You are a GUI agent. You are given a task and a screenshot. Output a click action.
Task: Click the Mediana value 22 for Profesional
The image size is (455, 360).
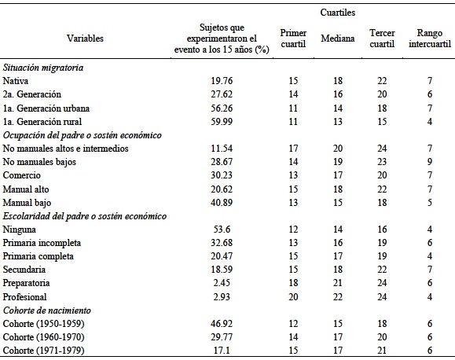click(x=338, y=296)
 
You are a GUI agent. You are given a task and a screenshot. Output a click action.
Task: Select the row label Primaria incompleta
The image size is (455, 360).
click(x=37, y=242)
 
